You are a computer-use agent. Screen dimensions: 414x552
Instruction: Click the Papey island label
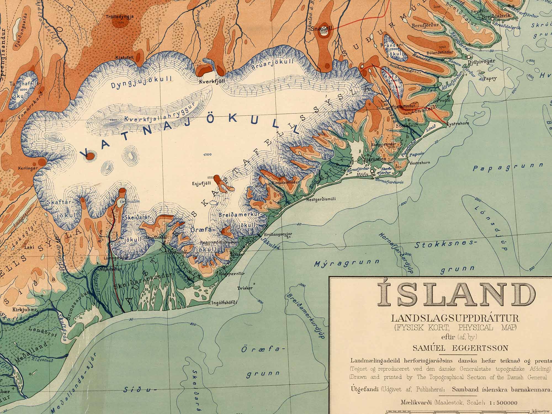(x=490, y=78)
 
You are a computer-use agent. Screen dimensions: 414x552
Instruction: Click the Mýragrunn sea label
(x=346, y=263)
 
